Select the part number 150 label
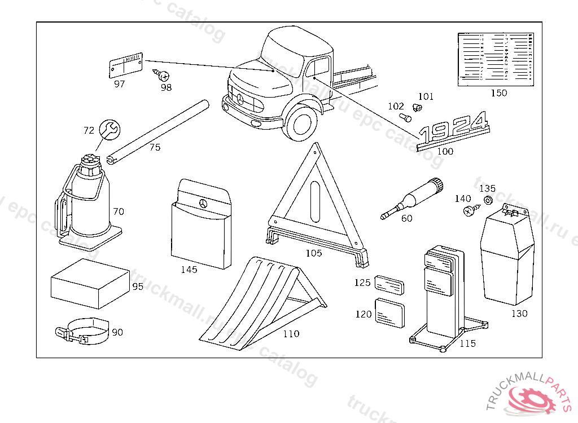[499, 93]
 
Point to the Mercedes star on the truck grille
[239, 100]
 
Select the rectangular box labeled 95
[89, 284]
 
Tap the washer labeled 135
[488, 200]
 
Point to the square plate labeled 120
[389, 312]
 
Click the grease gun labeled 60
[413, 199]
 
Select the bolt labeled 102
[405, 117]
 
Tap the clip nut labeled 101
[418, 107]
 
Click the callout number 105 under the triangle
[314, 253]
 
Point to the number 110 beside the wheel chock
[291, 333]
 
